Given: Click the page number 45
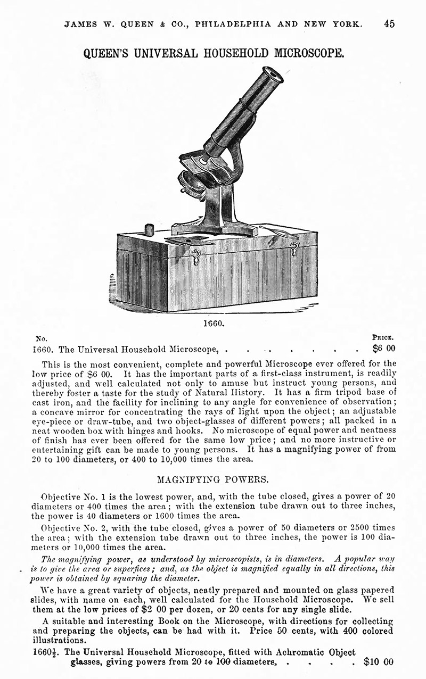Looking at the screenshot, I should (x=389, y=24).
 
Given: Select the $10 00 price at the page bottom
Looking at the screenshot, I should (x=379, y=663).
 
